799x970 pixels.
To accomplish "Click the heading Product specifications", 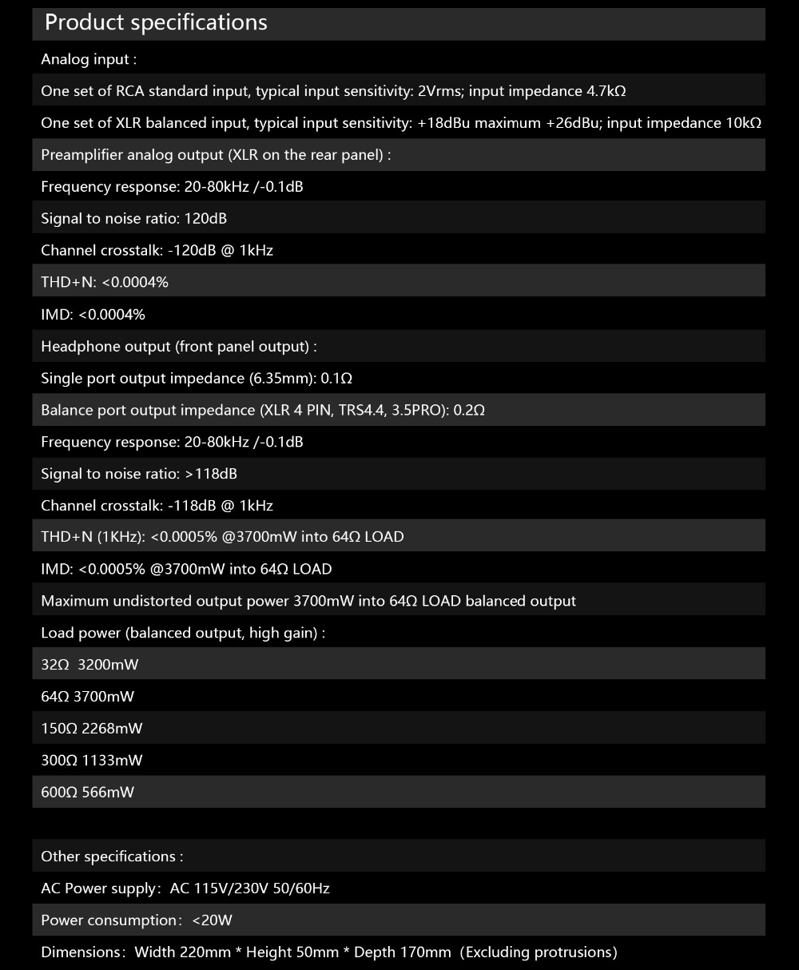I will [156, 22].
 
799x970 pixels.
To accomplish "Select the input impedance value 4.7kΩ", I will [606, 91].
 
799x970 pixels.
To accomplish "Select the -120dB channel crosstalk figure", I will [187, 250].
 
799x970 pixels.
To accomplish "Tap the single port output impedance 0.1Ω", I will [336, 378].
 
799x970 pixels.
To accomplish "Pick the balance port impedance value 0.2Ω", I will [469, 410].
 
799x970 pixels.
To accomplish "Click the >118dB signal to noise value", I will [211, 474].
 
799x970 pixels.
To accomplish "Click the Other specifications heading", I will [112, 857].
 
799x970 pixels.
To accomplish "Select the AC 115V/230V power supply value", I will [249, 889].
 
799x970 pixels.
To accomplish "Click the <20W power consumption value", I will [212, 920].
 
